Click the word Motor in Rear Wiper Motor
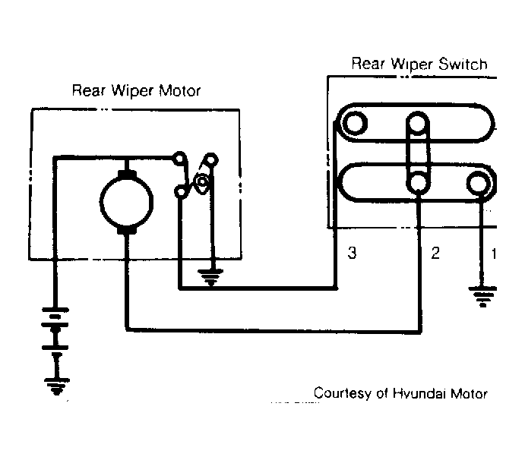tap(179, 90)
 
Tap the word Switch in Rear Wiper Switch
tap(463, 64)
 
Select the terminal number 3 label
tap(352, 253)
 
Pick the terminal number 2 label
tap(435, 253)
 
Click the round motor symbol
tap(127, 202)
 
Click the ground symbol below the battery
tap(56, 386)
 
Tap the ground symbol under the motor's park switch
tap(210, 277)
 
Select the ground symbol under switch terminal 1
tap(482, 296)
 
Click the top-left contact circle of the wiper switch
tap(355, 123)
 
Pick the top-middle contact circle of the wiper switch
tap(417, 123)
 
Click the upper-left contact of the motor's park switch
tap(179, 158)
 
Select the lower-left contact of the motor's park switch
tap(180, 192)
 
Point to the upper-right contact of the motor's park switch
tap(211, 159)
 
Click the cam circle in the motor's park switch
tap(202, 181)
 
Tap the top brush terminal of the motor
tap(127, 175)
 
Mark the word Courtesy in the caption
tap(343, 393)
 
